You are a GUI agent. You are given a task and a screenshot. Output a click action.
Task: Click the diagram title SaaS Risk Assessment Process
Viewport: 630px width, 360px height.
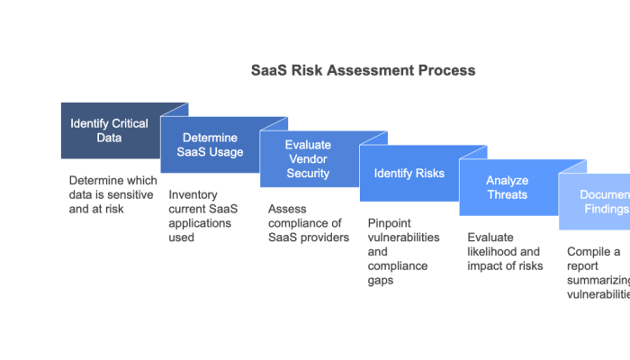(363, 70)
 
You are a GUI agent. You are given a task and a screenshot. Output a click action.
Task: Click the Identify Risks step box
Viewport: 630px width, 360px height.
(409, 173)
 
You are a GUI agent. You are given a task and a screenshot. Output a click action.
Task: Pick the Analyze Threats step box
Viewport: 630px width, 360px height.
(508, 187)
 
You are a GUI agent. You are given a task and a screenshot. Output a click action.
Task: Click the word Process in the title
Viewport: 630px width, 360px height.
(446, 70)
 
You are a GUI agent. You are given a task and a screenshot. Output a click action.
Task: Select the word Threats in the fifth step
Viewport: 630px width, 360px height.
(508, 193)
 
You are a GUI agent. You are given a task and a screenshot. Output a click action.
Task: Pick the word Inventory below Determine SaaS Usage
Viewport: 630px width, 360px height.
(193, 194)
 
